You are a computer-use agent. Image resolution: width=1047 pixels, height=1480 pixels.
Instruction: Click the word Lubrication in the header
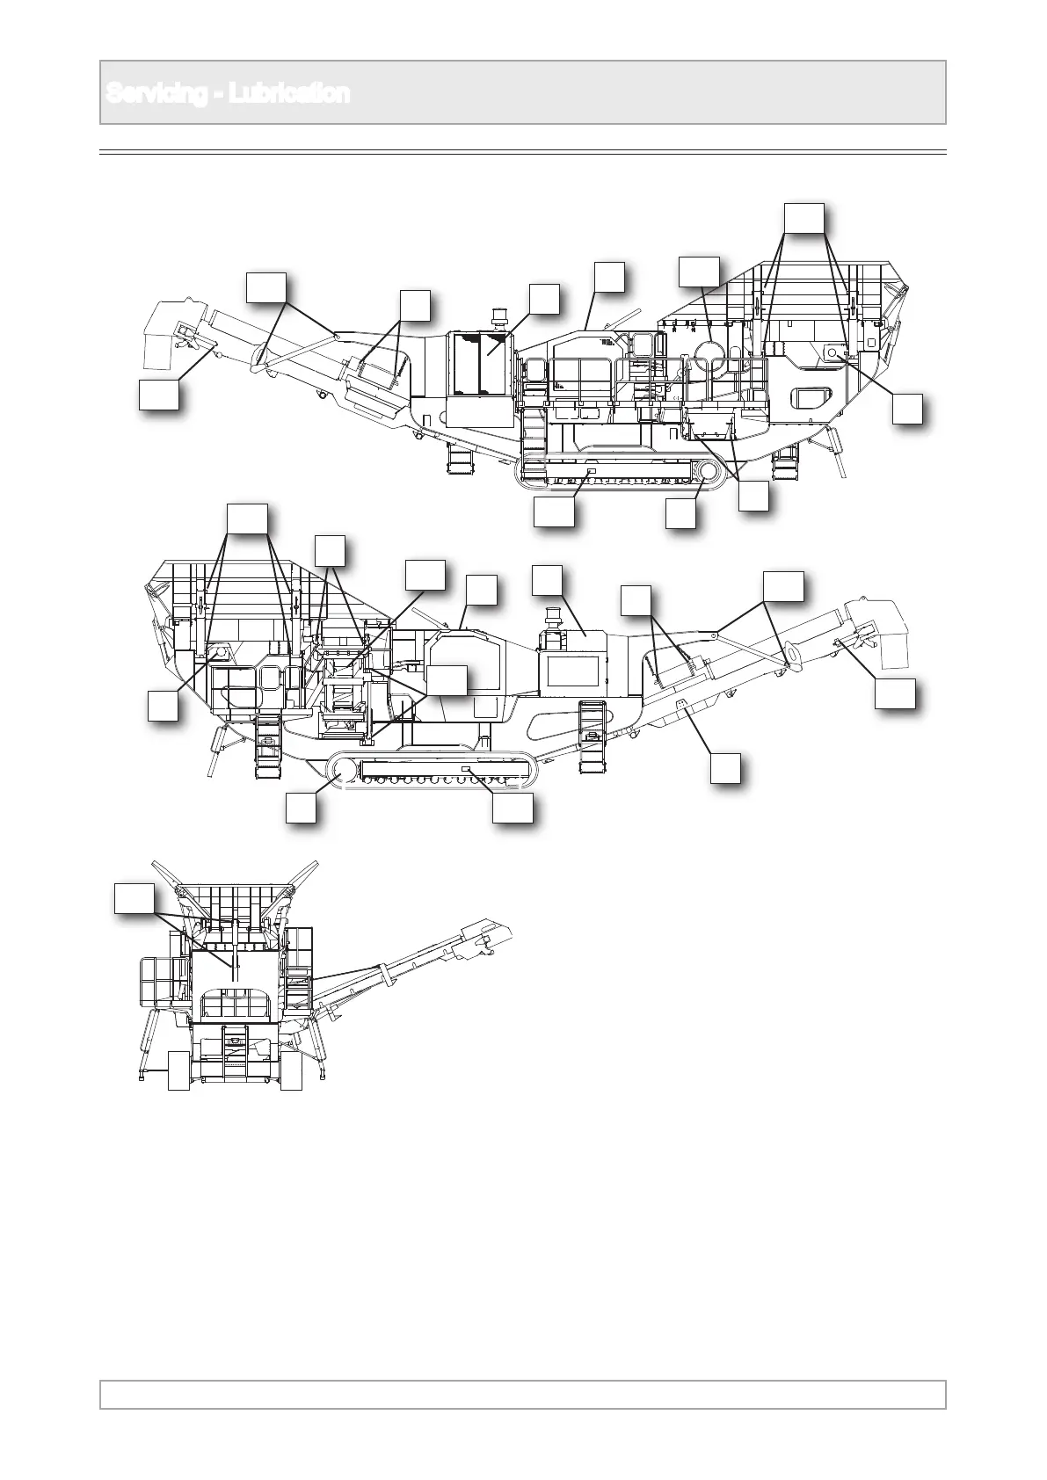coord(289,94)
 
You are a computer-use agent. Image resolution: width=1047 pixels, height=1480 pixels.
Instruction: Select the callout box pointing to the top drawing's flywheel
coord(700,272)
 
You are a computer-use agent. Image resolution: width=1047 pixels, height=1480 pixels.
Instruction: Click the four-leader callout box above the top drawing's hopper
coord(804,219)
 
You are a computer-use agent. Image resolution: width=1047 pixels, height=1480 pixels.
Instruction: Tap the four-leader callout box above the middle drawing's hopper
coord(247,519)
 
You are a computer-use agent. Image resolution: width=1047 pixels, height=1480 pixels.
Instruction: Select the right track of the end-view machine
coord(291,1070)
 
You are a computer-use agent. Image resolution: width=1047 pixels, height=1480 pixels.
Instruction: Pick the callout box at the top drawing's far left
coord(159,395)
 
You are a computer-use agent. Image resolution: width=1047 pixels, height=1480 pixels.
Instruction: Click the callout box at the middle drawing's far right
coord(896,693)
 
